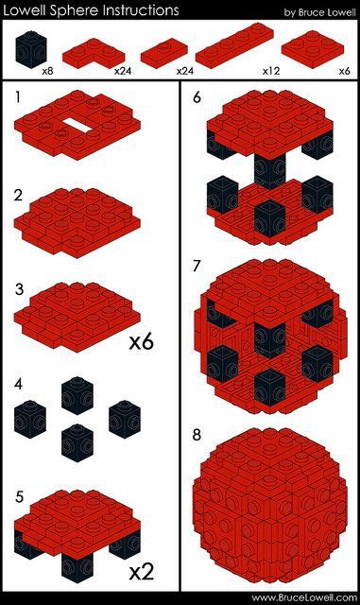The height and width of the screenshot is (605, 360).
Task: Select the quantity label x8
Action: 48,71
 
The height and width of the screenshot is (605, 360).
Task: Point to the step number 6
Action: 196,96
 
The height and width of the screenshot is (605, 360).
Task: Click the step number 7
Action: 196,266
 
